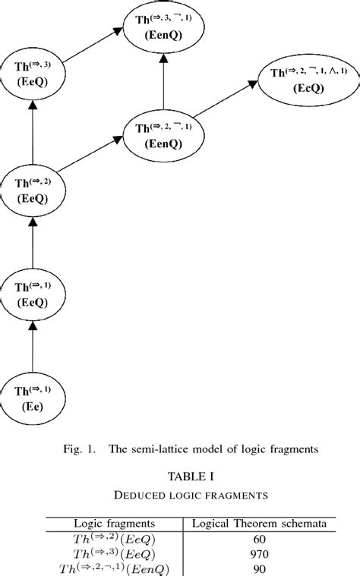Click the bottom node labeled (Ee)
click(x=33, y=398)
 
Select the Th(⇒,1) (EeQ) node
click(x=33, y=294)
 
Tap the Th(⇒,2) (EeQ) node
click(x=33, y=190)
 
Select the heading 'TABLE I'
click(x=179, y=477)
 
